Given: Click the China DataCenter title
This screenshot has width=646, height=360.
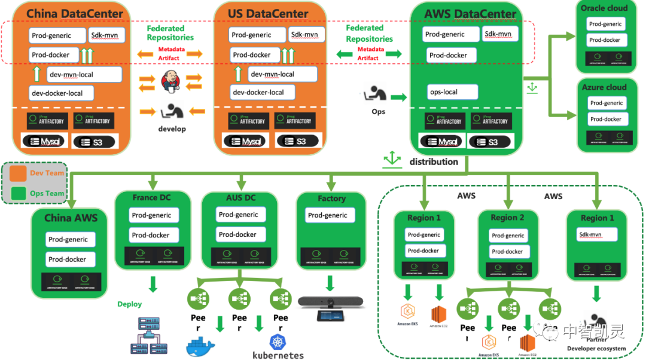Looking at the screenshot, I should click(x=75, y=13).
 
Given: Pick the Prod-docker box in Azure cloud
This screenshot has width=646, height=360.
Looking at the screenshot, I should click(x=607, y=119).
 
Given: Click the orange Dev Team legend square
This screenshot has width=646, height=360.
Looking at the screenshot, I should click(x=18, y=173).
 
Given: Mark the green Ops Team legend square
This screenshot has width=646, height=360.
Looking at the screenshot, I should click(x=18, y=193).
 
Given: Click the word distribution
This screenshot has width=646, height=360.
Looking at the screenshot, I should click(x=434, y=161).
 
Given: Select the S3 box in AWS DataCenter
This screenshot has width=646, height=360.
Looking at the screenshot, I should click(x=491, y=142).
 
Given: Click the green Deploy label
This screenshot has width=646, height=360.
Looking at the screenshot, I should click(x=130, y=304).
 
